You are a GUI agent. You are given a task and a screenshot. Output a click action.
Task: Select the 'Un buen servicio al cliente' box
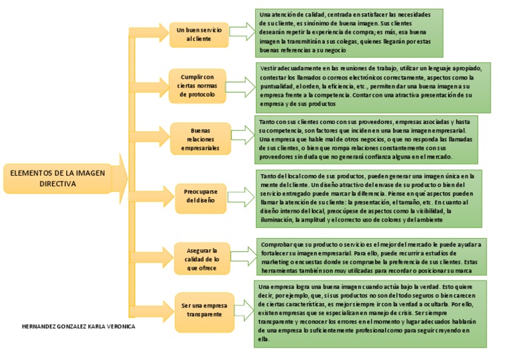tap(199, 34)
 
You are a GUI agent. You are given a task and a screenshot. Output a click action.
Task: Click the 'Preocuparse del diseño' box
tap(200, 196)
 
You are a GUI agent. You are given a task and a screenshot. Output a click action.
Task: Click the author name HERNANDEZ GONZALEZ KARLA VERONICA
tap(78, 326)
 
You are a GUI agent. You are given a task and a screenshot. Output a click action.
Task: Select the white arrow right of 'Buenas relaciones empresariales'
tap(243, 135)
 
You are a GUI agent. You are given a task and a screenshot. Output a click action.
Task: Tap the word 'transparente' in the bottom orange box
tap(204, 314)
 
